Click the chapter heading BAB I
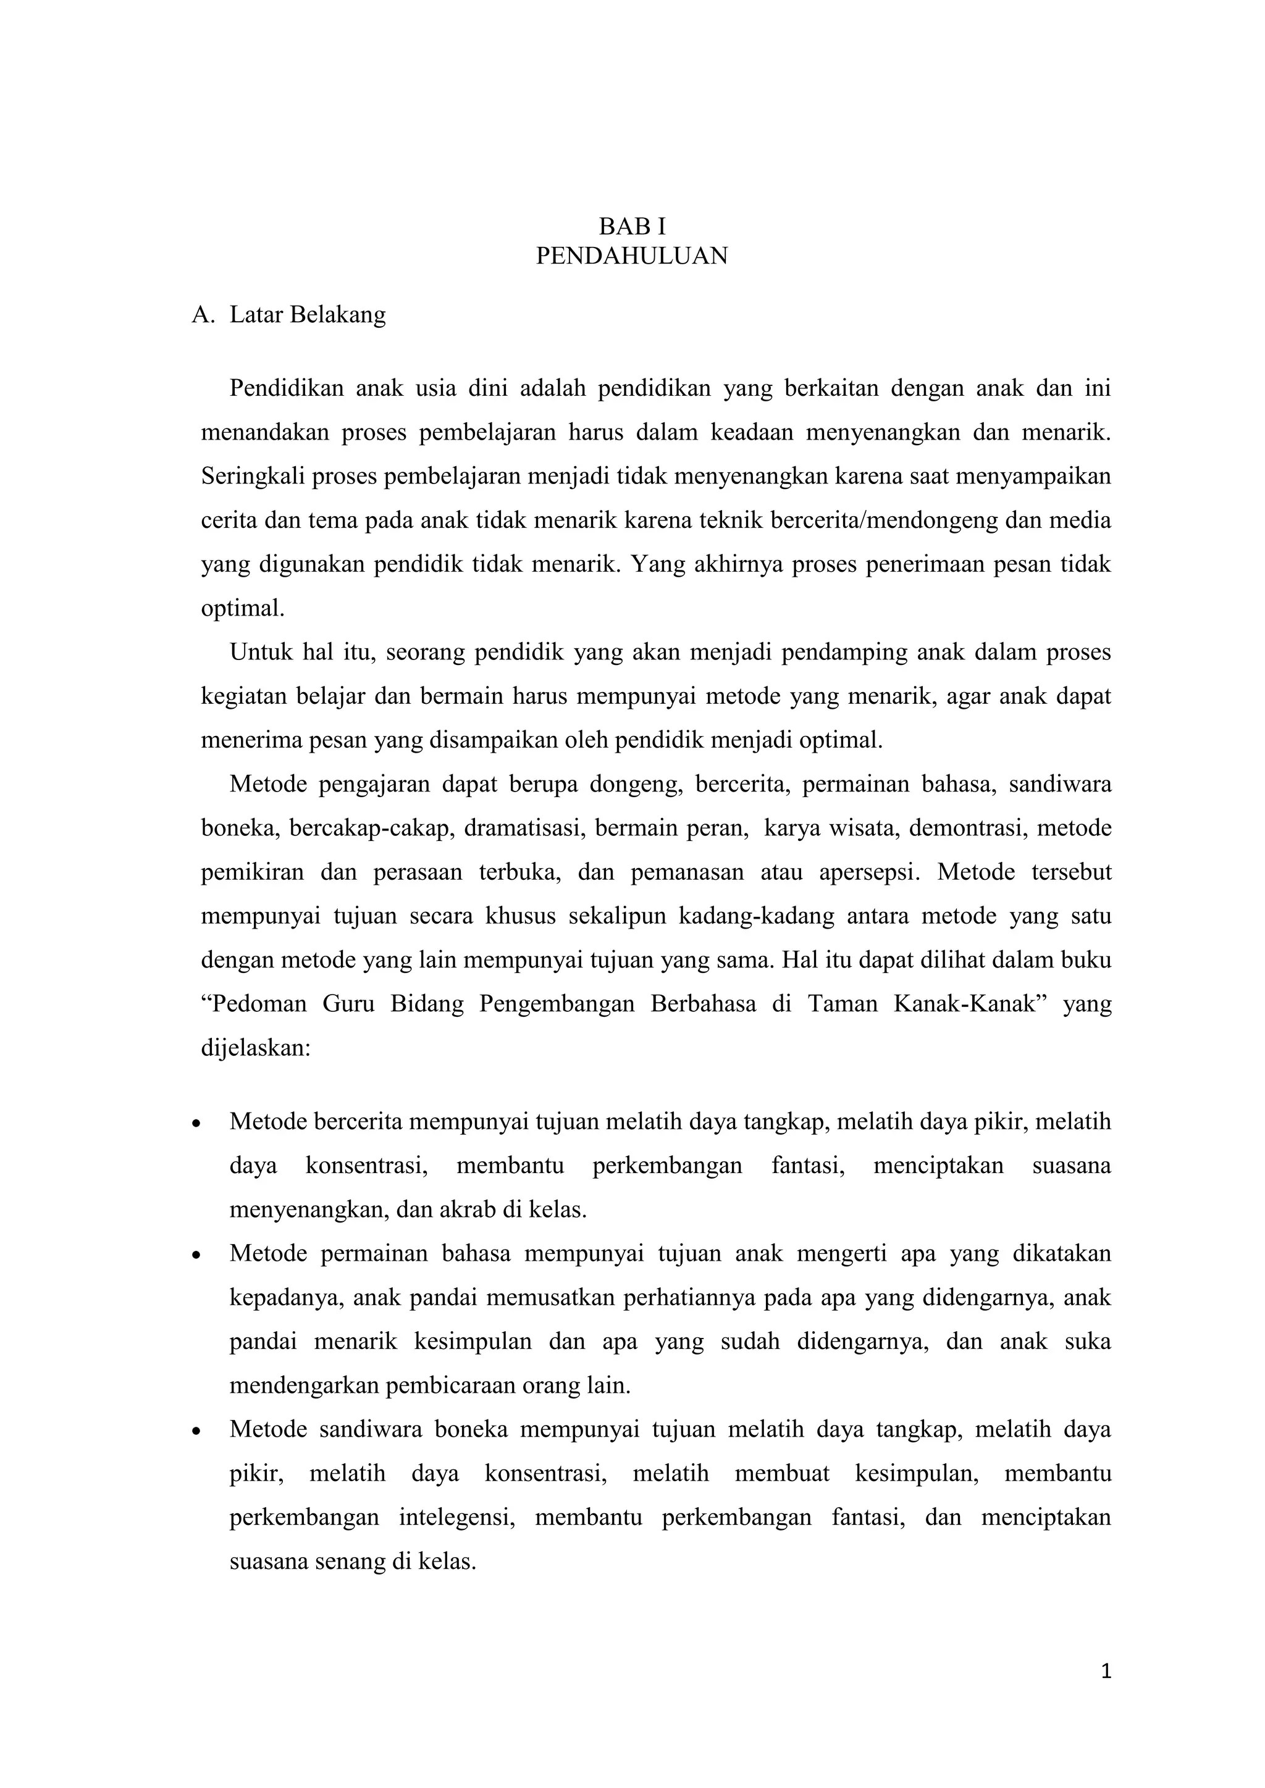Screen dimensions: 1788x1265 [x=632, y=227]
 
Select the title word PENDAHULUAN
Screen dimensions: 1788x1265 [x=632, y=256]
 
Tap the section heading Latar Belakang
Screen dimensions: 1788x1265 [x=308, y=315]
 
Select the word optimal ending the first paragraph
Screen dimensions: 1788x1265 [x=242, y=608]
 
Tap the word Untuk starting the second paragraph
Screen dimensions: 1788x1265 [x=259, y=652]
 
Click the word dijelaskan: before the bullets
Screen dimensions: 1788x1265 [x=256, y=1047]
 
